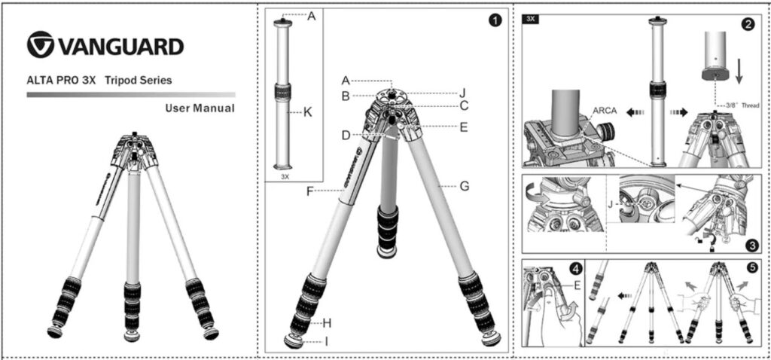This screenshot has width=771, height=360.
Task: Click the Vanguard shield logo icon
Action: (x=41, y=44)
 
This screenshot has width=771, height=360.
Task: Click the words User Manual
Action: (x=200, y=108)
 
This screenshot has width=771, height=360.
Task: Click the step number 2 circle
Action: (x=748, y=26)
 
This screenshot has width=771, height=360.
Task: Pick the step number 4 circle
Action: (x=576, y=269)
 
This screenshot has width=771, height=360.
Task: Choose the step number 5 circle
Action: (x=752, y=269)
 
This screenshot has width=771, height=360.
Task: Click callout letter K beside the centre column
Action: (x=308, y=112)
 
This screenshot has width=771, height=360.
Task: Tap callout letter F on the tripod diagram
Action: (x=309, y=191)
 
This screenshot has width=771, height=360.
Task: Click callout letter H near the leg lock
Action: (x=327, y=323)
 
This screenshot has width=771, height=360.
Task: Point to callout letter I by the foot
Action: (x=326, y=341)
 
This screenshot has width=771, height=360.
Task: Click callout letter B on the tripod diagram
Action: (x=346, y=96)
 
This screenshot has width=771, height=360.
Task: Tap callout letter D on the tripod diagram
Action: (x=346, y=135)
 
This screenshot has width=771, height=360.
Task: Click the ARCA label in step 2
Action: (x=605, y=111)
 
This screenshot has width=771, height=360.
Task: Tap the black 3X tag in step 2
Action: (x=531, y=19)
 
